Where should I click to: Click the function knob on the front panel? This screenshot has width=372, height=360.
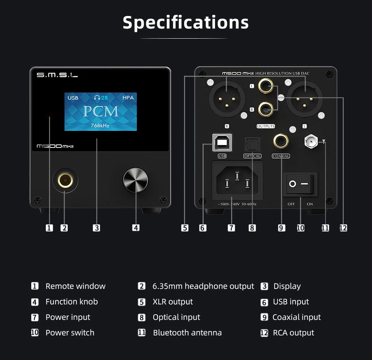point(135,180)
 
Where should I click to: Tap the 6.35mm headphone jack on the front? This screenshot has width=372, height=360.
point(65,180)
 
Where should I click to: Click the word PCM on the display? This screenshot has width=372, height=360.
point(100,111)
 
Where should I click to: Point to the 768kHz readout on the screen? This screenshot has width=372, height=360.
point(100,125)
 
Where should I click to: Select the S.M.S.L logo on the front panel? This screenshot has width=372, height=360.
point(57,75)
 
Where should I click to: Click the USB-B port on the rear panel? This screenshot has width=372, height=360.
point(222,143)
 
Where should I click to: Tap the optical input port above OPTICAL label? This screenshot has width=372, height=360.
point(252,144)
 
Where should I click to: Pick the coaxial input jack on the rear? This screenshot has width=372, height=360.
point(281,141)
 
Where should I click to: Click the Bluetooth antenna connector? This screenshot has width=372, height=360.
point(311,141)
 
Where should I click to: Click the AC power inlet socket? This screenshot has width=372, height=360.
point(237,181)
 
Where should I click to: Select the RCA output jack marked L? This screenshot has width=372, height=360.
point(266,86)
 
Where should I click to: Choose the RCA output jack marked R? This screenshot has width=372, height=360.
point(266,109)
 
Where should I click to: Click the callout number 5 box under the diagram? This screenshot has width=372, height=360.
point(185,228)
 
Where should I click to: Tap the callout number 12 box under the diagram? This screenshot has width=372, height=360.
point(343,228)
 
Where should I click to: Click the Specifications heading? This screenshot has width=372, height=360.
point(186,23)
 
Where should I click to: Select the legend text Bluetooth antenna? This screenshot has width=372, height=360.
point(187,333)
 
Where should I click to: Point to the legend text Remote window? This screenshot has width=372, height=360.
point(76,286)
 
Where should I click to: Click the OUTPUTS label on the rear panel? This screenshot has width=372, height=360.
point(266,126)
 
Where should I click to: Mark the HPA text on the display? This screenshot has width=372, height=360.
point(128,98)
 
